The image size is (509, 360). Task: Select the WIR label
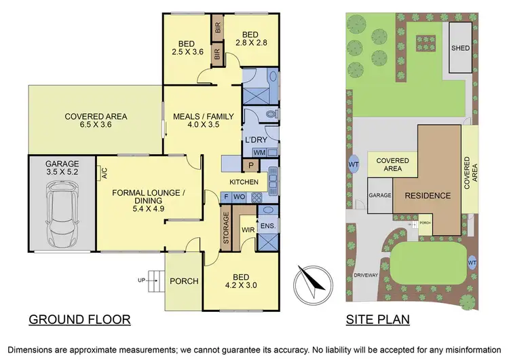247,230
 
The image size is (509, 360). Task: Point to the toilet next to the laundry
271,115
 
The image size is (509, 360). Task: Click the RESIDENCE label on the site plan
428,196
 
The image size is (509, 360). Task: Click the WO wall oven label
239,197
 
